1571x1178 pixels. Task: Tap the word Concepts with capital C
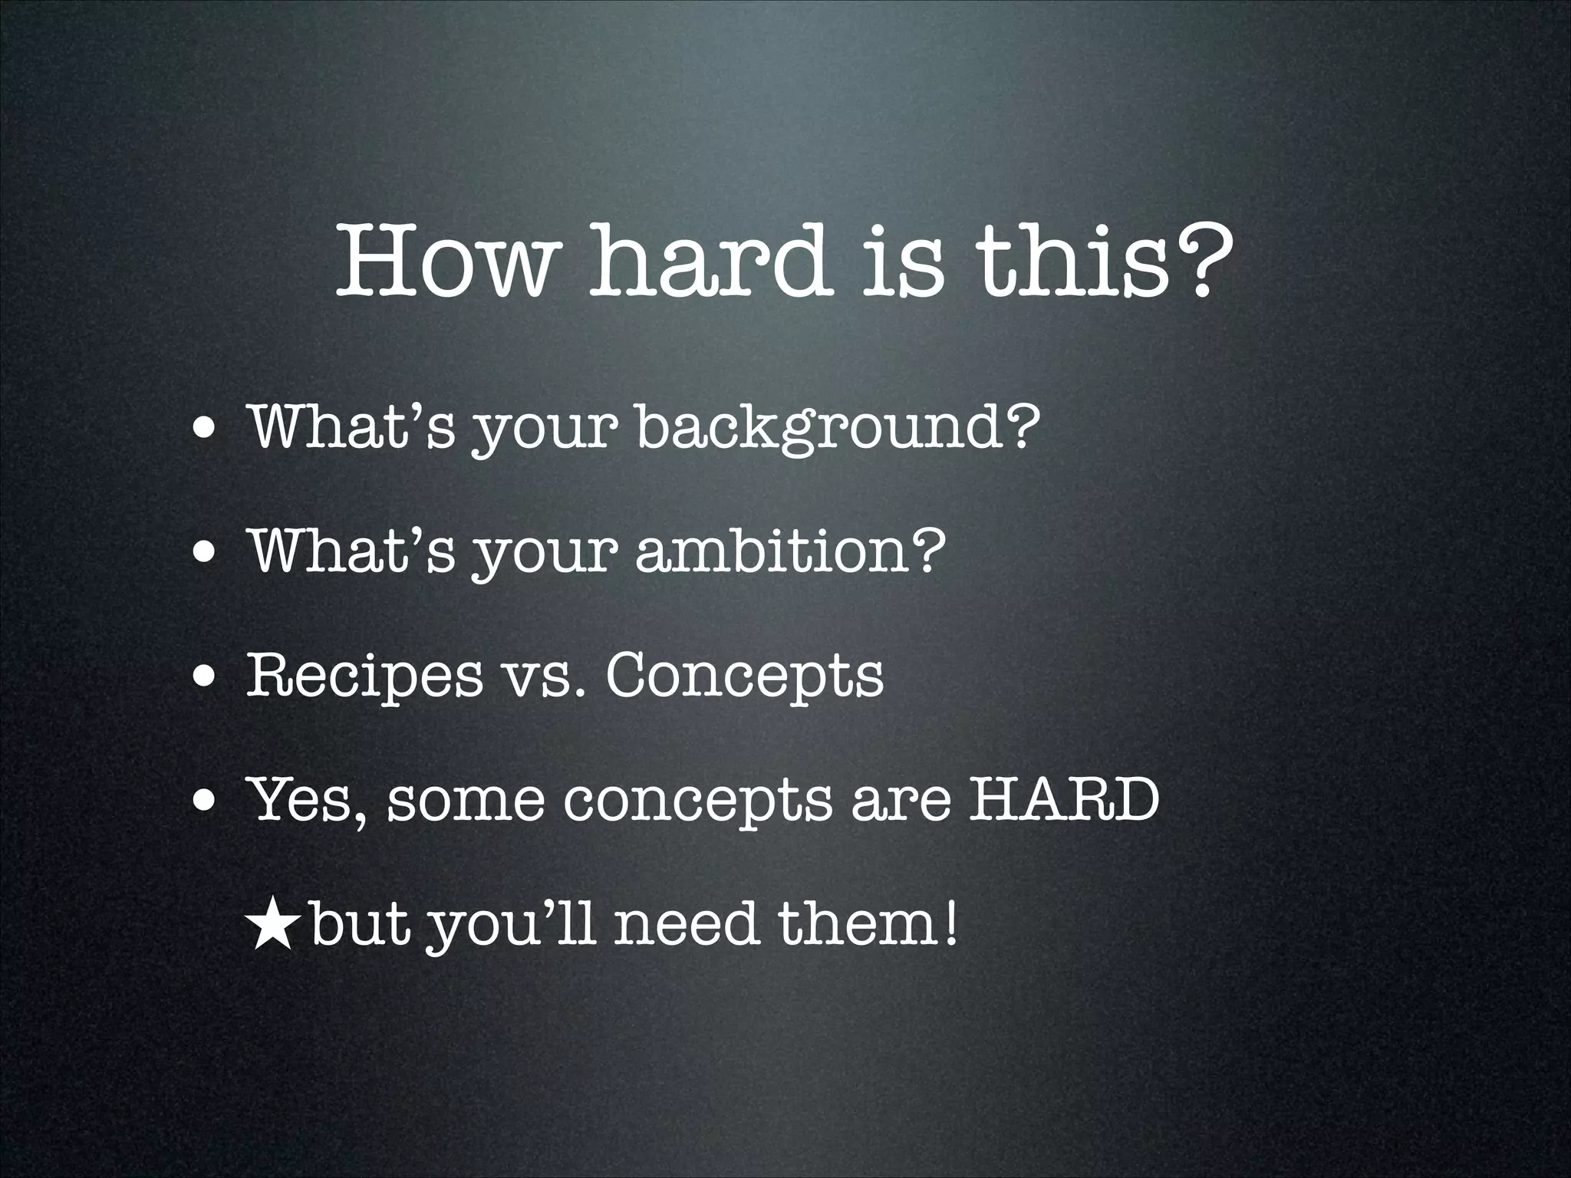click(744, 675)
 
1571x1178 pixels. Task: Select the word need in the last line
click(687, 924)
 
